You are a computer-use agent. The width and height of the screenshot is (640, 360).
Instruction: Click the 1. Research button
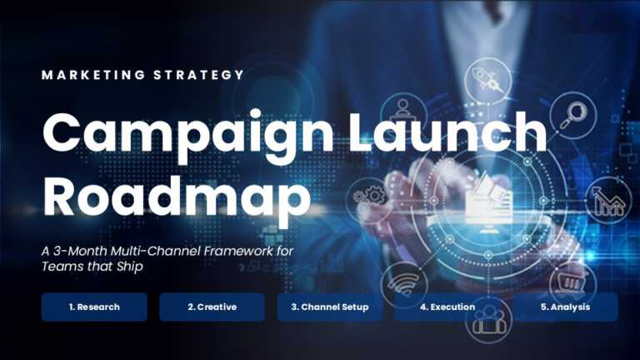point(94,307)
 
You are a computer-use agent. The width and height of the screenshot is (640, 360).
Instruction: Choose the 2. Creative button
point(212,307)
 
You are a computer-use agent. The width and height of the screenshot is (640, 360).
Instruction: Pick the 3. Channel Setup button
point(330,307)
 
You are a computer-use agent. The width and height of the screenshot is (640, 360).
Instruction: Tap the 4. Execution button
point(447,307)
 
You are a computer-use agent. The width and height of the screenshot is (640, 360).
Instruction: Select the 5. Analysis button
point(565,307)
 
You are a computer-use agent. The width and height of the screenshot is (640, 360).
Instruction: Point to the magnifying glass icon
point(572,115)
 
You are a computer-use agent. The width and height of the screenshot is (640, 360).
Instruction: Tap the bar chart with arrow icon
point(608,199)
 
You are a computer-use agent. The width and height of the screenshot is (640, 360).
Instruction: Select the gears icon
point(367,197)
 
